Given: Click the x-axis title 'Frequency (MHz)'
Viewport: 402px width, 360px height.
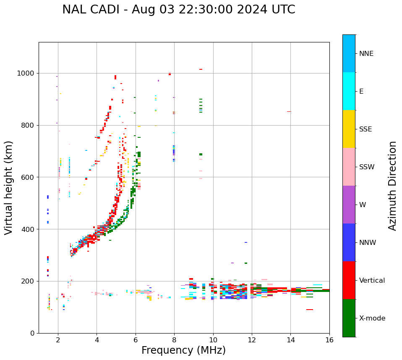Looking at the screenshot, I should click(x=183, y=350).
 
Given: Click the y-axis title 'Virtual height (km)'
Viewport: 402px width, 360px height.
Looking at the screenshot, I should click(x=9, y=187).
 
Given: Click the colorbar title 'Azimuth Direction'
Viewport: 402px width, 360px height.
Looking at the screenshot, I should click(x=392, y=186).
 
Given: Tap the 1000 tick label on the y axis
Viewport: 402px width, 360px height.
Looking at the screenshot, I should click(x=26, y=73).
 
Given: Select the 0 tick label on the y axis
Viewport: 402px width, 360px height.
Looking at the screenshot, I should click(x=32, y=333).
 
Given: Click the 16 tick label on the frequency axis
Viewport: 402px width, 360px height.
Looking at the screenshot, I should click(x=329, y=340).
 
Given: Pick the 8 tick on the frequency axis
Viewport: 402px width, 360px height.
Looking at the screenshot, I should click(x=174, y=340).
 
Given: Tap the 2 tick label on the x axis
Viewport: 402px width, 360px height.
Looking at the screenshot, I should click(x=58, y=340).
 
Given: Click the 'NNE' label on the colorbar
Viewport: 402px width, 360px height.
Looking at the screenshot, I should click(x=366, y=54).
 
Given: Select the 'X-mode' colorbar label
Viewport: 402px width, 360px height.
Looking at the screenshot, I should click(x=372, y=318).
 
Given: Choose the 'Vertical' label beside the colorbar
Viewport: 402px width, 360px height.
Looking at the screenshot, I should click(x=372, y=281).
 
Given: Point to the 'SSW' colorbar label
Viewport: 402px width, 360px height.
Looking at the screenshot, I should click(x=367, y=167).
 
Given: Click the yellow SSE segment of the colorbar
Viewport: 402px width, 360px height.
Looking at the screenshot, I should click(x=349, y=129).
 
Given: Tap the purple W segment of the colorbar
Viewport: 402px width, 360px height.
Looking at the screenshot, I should click(x=349, y=205).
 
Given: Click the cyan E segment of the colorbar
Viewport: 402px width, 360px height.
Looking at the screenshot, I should click(x=349, y=91).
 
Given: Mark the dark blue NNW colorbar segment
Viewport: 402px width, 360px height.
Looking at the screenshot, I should click(x=349, y=242).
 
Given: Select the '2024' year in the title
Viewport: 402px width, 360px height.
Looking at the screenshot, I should click(x=248, y=10).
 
